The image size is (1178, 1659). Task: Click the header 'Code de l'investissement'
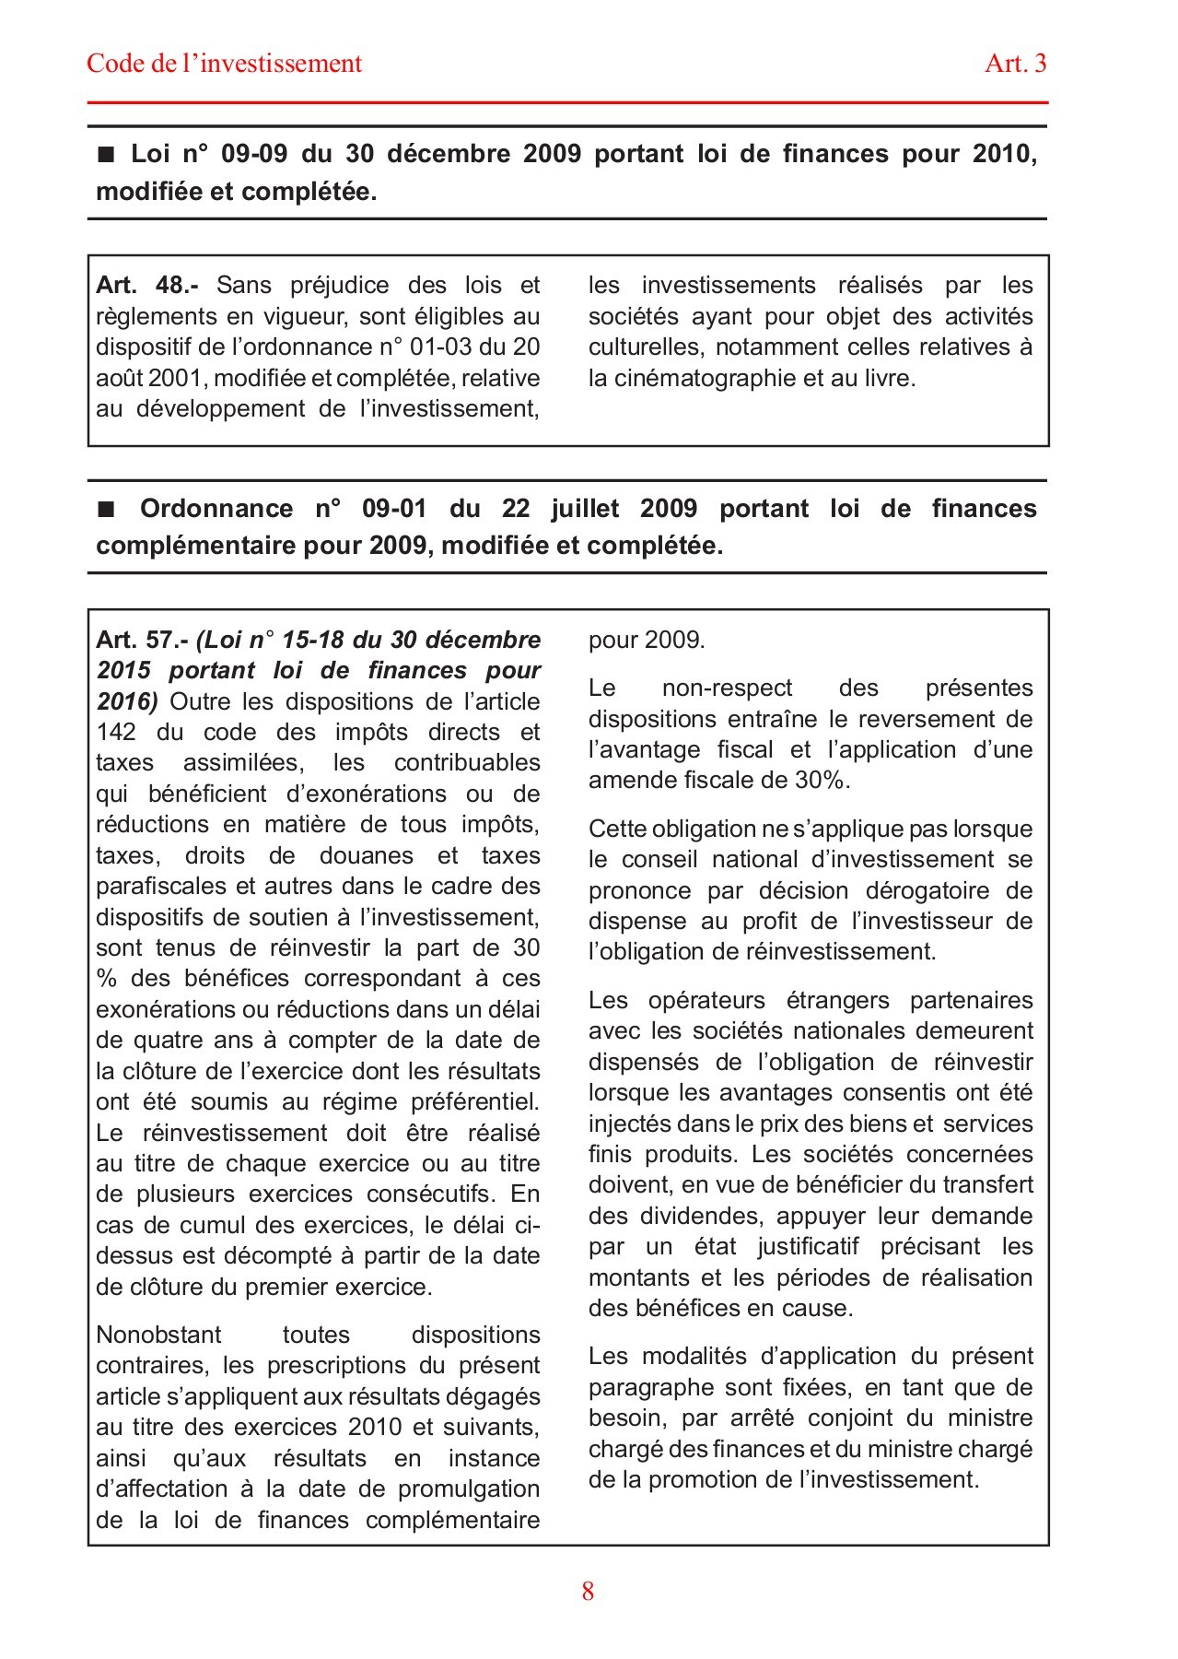[224, 64]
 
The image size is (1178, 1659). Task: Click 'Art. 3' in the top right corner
[1015, 64]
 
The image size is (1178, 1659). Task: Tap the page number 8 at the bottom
[588, 1592]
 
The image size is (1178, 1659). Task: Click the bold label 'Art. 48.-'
[146, 286]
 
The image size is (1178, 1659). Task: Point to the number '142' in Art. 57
[115, 733]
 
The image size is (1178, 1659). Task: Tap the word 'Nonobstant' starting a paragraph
[158, 1335]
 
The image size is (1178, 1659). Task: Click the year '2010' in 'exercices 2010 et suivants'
[375, 1428]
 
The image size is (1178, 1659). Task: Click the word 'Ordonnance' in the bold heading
[216, 509]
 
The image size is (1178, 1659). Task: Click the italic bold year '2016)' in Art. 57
[127, 702]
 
